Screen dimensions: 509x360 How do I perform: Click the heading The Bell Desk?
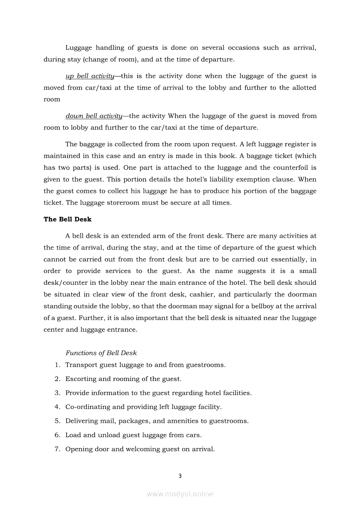point(68,219)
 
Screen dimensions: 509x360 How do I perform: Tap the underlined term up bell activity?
point(90,76)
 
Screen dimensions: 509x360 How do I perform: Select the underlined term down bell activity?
point(94,116)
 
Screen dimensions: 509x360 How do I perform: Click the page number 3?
point(180,475)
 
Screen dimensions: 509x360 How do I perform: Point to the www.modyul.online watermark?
point(180,494)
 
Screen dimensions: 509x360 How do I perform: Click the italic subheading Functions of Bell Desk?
point(101,353)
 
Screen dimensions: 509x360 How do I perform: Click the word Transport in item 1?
point(82,365)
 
